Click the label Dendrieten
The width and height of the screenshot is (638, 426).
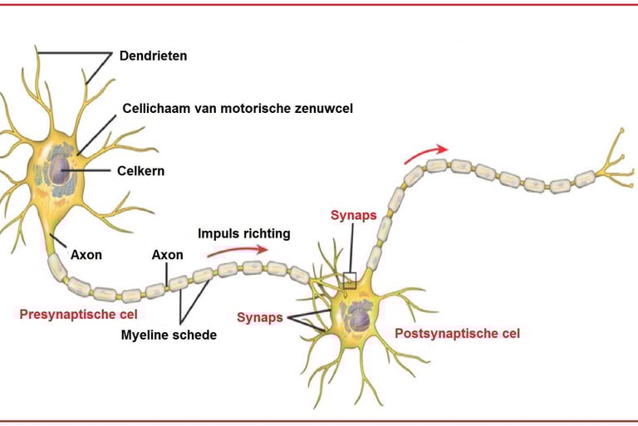(x=154, y=56)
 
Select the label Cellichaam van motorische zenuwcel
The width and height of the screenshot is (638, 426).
(x=232, y=108)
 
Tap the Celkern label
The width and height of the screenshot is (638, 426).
(x=141, y=171)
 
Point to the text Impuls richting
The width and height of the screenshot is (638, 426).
(x=243, y=233)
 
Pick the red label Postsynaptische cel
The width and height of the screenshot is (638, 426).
(x=458, y=334)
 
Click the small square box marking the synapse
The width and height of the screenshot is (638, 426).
(x=350, y=281)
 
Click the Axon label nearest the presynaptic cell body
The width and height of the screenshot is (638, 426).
(x=86, y=254)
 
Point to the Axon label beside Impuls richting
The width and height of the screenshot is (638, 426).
(x=167, y=254)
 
